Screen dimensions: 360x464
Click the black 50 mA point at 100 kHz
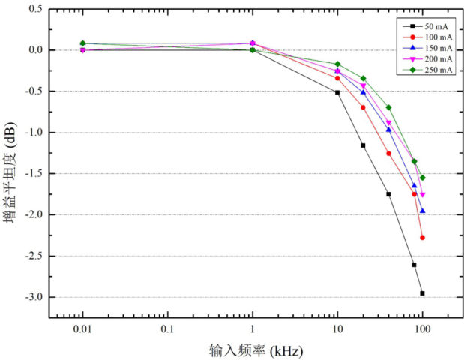(x=422, y=293)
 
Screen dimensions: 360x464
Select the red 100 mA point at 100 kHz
(x=422, y=238)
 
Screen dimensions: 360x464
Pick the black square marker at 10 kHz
(x=337, y=92)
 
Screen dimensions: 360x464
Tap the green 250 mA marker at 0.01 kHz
(x=82, y=43)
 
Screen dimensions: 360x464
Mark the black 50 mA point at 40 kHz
(x=388, y=194)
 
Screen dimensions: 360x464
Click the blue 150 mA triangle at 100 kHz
(x=422, y=211)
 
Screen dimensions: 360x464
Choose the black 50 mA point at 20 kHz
(x=363, y=145)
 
